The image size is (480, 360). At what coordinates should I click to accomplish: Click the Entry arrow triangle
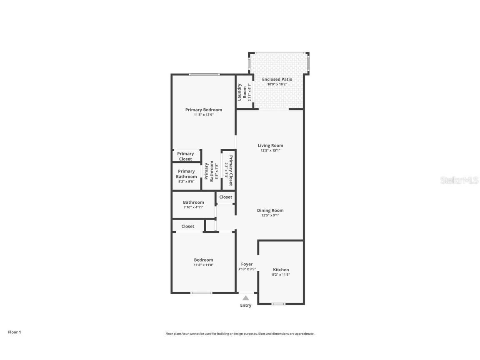click(x=246, y=298)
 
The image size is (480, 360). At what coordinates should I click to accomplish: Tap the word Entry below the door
click(x=246, y=305)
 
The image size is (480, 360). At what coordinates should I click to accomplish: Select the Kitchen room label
click(x=281, y=270)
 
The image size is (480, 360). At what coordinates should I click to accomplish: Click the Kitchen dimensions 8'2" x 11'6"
click(x=281, y=275)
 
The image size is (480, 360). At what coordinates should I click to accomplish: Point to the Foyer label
click(x=247, y=264)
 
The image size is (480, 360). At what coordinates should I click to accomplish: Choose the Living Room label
click(x=270, y=145)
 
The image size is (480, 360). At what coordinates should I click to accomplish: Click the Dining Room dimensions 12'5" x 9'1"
click(x=270, y=215)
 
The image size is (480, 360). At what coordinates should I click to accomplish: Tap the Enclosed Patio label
click(x=277, y=79)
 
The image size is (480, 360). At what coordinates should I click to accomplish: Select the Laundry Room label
click(x=242, y=92)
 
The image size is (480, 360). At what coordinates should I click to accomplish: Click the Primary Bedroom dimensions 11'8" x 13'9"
click(x=204, y=115)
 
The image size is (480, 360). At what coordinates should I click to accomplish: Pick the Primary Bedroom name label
click(x=204, y=110)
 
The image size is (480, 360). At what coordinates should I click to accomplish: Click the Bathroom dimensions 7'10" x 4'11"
click(x=193, y=207)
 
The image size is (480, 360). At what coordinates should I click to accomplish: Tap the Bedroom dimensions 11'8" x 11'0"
click(x=203, y=265)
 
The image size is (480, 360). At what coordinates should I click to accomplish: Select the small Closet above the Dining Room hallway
click(x=226, y=197)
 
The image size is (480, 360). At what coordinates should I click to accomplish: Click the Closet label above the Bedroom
click(x=188, y=226)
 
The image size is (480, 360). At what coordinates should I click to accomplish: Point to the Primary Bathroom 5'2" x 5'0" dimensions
click(x=186, y=182)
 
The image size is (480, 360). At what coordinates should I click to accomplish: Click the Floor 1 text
click(x=14, y=332)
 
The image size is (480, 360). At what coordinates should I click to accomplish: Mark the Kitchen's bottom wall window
click(x=278, y=304)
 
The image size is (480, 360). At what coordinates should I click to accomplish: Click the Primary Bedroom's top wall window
click(x=204, y=75)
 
